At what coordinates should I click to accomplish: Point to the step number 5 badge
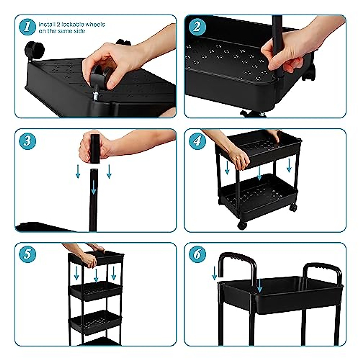pos(27,254)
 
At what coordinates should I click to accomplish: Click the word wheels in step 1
pos(95,25)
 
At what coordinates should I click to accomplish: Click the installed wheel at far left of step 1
pos(34,50)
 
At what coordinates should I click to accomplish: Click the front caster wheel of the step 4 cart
pos(242,225)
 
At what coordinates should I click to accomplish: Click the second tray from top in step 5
pos(95,291)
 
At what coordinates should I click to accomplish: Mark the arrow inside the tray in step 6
pos(259,285)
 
